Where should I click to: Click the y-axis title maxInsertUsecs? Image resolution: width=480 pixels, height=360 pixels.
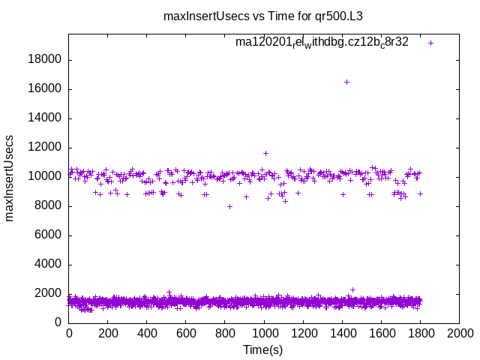click(10, 178)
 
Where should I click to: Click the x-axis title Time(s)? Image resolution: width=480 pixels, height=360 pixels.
click(263, 350)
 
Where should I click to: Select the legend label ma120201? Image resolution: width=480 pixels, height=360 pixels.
click(322, 42)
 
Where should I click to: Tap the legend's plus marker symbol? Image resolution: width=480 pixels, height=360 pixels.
click(430, 43)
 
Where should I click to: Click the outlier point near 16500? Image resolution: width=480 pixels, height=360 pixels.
click(346, 82)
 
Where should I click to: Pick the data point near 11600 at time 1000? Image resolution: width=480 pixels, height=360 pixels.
click(265, 153)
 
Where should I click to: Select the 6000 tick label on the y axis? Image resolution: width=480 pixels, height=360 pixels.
click(49, 235)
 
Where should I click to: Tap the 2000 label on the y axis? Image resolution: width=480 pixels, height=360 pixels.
click(49, 294)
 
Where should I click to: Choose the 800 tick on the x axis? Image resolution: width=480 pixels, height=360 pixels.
click(225, 334)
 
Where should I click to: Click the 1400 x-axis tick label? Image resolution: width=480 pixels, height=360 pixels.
click(342, 334)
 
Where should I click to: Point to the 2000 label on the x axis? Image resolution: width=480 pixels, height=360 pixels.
click(459, 334)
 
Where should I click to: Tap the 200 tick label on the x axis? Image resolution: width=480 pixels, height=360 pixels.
click(108, 334)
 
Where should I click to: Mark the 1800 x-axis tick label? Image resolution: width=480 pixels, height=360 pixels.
click(420, 334)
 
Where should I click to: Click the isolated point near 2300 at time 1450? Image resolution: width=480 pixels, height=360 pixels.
click(352, 289)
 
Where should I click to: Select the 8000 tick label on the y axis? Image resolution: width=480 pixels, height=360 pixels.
click(49, 206)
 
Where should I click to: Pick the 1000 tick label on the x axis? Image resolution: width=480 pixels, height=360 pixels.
click(264, 334)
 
